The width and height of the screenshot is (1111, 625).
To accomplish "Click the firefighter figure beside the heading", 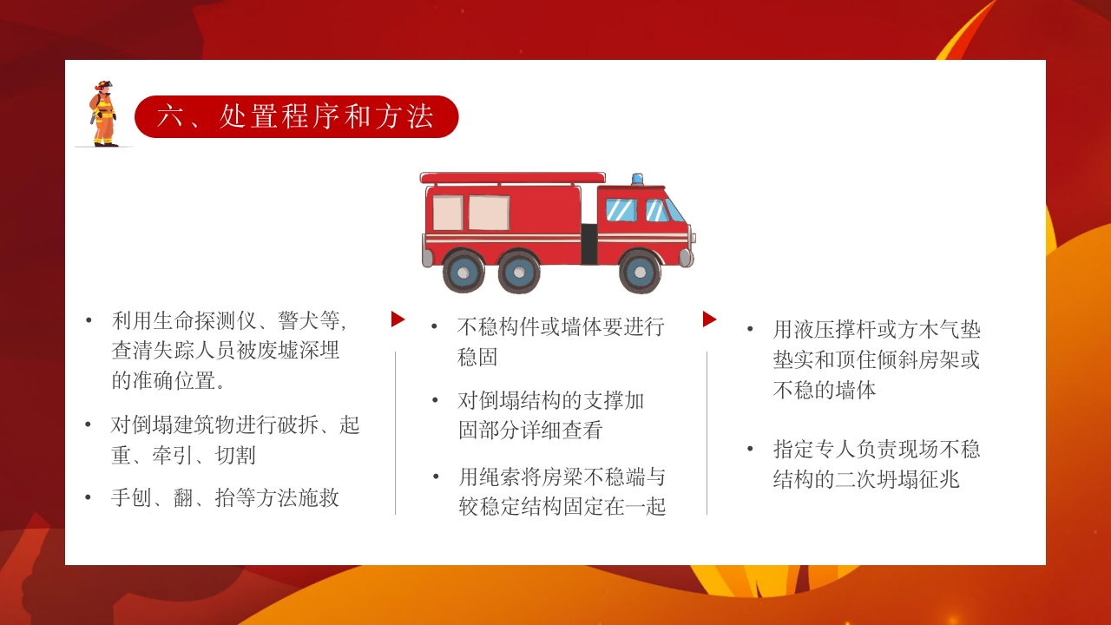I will tap(103, 114).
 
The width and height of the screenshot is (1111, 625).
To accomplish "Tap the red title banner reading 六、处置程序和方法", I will tap(296, 117).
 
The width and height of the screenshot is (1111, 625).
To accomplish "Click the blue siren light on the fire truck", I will tap(638, 179).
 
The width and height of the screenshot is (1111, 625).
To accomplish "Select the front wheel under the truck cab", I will tap(640, 272).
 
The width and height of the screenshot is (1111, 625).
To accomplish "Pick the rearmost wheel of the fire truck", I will tap(463, 272).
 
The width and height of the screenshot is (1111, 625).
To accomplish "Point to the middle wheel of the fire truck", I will tap(519, 272).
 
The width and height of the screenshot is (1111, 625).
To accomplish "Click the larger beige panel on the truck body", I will tap(489, 213).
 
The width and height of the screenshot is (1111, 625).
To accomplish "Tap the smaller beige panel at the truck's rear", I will tap(448, 213).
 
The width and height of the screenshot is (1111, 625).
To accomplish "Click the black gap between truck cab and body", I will tap(589, 244).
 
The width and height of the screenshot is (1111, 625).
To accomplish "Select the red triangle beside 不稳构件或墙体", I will tap(398, 319).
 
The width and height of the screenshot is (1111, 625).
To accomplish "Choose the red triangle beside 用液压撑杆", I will tap(709, 319).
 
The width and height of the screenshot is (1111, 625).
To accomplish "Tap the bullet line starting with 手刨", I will tap(225, 497).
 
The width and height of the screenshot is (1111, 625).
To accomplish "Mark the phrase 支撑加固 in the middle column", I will tap(612, 401).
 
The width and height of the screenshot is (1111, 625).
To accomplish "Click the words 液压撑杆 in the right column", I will tap(835, 330).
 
